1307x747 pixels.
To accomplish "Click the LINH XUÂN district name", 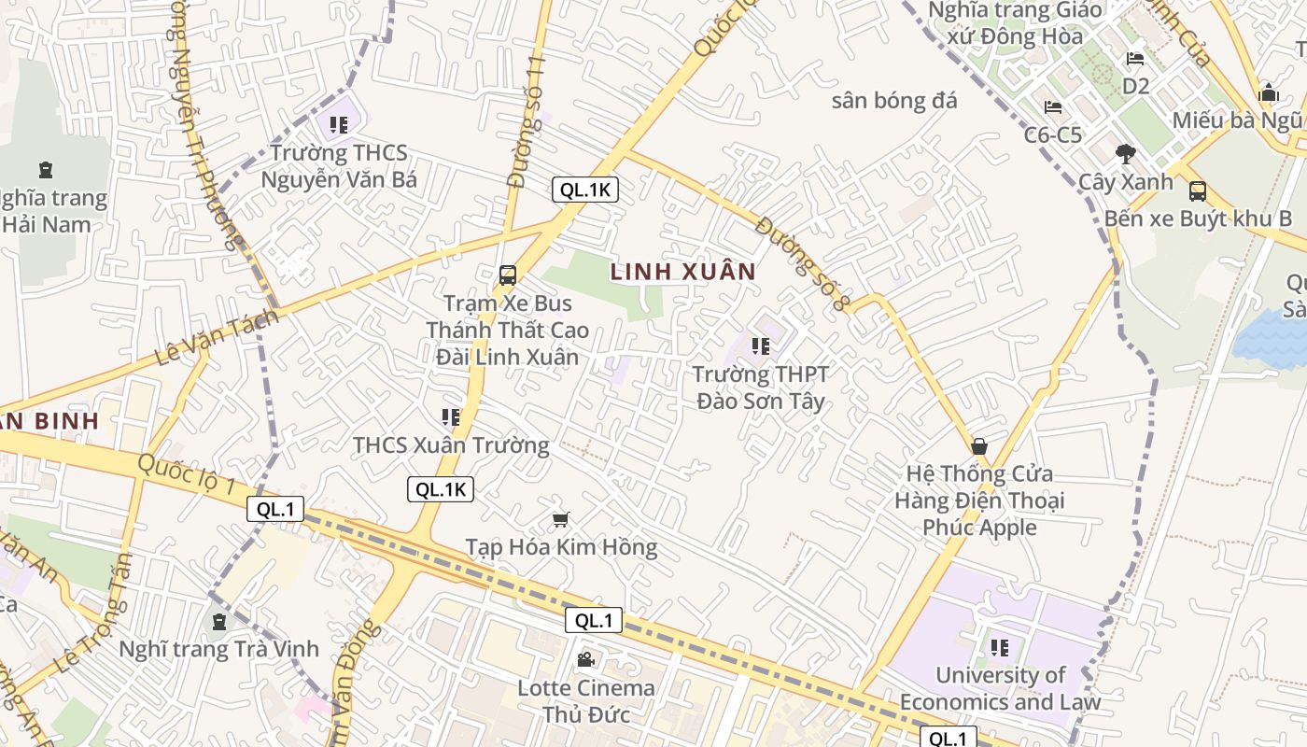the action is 682,272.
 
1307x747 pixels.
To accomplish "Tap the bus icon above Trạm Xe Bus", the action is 508,275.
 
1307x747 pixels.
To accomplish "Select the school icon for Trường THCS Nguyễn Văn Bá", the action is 338,124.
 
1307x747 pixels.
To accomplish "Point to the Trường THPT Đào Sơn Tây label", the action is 760,388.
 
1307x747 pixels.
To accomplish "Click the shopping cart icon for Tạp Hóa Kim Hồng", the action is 561,519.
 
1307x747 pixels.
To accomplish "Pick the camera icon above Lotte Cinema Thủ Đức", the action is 585,660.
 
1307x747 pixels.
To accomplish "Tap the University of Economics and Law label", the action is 1000,688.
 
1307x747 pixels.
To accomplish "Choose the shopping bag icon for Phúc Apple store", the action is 979,446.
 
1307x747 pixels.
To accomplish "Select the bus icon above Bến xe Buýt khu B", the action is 1197,191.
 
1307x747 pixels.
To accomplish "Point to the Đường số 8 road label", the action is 804,264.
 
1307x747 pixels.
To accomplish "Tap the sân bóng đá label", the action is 893,101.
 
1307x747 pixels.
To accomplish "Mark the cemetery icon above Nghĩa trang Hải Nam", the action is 45,170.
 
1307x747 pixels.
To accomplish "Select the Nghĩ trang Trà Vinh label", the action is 219,649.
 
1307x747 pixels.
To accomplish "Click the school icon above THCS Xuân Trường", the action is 451,417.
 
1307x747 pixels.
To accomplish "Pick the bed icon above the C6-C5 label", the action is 1053,107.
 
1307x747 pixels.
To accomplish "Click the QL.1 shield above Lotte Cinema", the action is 593,620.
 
